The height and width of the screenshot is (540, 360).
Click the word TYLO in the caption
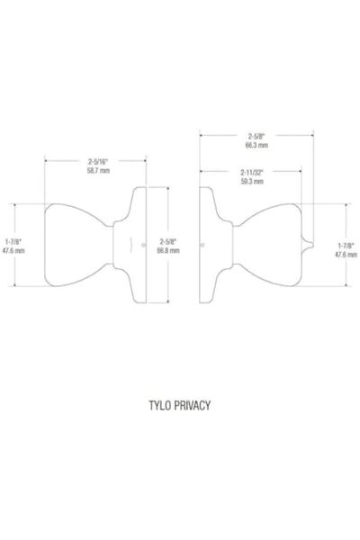pos(159,405)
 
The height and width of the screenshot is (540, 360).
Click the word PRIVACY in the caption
pos(192,405)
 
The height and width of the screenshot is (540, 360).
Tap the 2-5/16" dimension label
pos(98,161)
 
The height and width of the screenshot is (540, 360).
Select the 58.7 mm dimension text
pos(98,170)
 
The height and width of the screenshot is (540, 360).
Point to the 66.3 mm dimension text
pos(256,145)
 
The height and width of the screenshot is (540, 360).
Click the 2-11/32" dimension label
pos(252,172)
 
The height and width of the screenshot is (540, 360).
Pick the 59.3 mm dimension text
pos(252,182)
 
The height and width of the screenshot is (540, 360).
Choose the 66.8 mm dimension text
pos(168,250)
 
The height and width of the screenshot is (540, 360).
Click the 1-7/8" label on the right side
pos(346,245)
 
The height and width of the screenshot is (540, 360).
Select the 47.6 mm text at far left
pos(13,250)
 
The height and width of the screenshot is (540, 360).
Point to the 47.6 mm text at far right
pos(346,255)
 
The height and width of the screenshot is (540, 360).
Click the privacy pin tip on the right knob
pos(312,245)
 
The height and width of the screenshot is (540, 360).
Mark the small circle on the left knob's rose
pos(143,245)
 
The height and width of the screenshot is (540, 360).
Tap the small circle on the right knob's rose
pos(202,245)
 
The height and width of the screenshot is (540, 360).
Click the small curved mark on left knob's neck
pos(130,245)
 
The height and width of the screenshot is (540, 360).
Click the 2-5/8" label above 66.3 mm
pos(256,136)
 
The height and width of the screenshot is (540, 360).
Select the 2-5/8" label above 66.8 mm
pos(168,241)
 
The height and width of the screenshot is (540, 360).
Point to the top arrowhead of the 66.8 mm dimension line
pos(167,189)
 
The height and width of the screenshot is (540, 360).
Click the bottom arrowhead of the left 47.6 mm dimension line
pos(14,284)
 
